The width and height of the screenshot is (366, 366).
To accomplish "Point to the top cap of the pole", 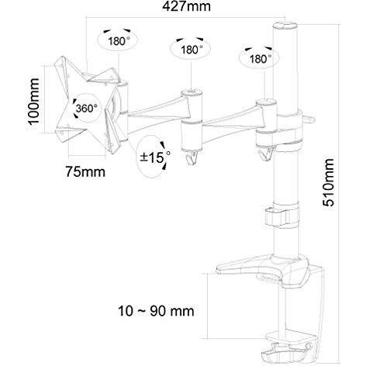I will tap(281, 31).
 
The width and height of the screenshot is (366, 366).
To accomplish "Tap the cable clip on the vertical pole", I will tap(279, 214).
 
